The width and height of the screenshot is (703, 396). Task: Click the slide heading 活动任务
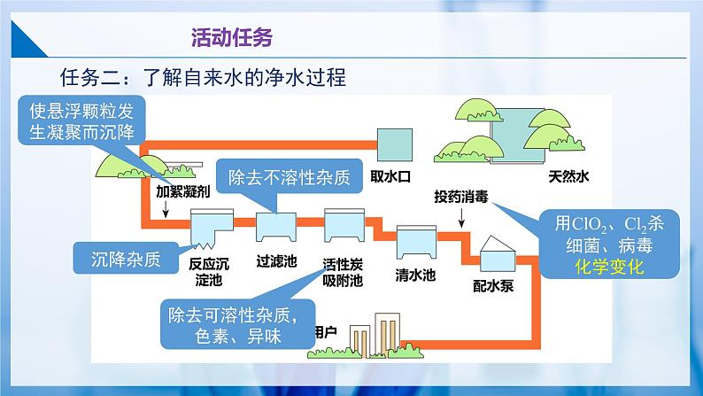click(232, 37)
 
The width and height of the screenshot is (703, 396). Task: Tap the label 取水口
click(390, 175)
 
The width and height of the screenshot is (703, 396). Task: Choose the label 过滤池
click(276, 261)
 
